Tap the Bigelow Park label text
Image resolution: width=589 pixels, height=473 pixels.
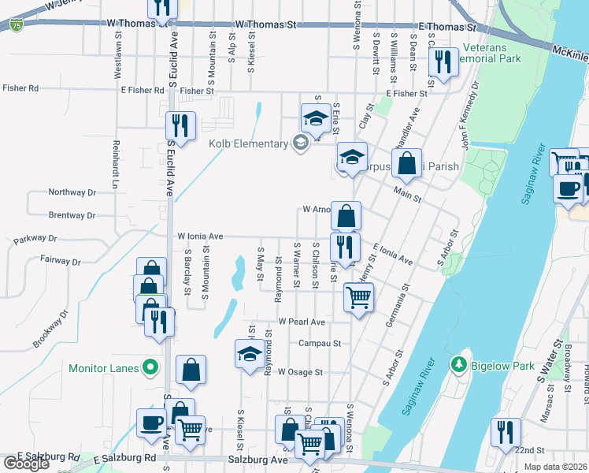503,366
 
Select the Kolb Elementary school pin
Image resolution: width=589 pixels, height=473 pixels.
299,143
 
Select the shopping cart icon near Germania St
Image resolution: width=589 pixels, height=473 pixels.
358,298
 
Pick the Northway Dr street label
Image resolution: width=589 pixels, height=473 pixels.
72,192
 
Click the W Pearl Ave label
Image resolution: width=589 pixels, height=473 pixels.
302,322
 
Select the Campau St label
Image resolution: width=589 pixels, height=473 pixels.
319,343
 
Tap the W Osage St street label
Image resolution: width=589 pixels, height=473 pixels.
298,371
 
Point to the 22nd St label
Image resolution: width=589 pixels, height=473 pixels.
529,449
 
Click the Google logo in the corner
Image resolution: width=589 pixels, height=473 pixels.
27,464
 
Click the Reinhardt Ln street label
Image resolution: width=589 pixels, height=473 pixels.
115,165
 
